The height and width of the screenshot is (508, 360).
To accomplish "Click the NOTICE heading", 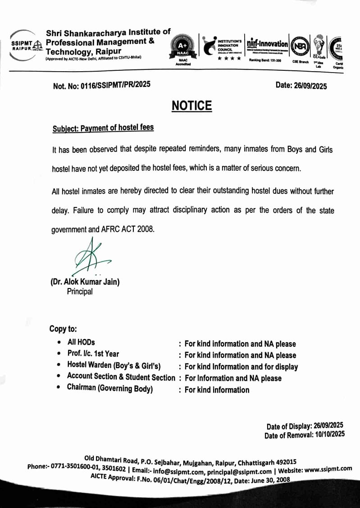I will coord(191,106).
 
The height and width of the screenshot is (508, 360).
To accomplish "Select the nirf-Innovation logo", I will coord(268,44).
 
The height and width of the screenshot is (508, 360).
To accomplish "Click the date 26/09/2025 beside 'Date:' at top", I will coord(310,86).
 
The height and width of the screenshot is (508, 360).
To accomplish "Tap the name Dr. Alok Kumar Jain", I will coord(85,282).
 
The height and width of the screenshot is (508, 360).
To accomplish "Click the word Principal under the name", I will coord(80,292).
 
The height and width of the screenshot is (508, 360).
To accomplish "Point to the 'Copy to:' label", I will coord(63,329).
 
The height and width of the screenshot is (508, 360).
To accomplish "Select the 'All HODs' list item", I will coord(81,342).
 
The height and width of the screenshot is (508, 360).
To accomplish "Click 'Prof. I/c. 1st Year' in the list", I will coord(93,354).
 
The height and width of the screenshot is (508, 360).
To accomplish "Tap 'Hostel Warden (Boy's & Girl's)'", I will coord(114,366).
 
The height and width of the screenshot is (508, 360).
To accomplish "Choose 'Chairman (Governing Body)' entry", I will coord(109,388).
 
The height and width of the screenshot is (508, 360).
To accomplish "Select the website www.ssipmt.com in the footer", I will coord(328,469).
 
